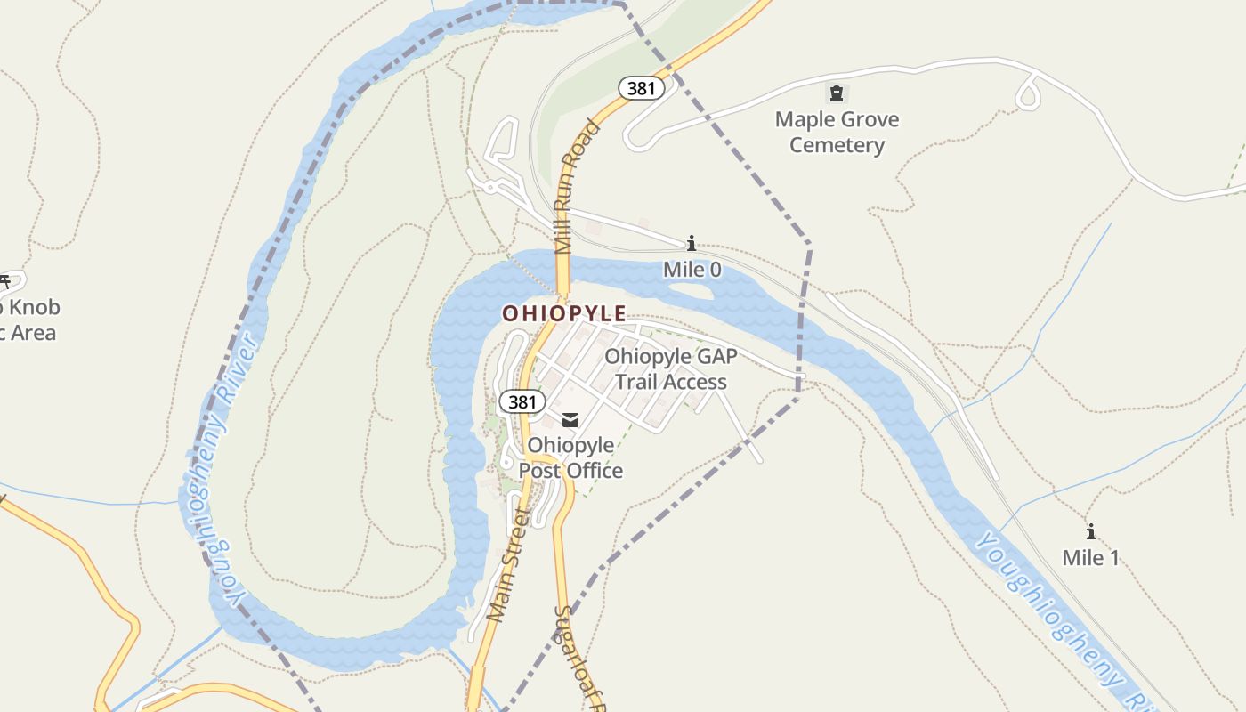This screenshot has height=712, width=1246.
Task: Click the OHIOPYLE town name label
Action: coord(564,313)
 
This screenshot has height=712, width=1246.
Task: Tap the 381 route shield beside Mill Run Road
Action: coord(641,88)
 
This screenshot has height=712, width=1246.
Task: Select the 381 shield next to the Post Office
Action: coord(522,401)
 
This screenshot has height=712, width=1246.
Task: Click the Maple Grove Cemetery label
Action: coord(837,132)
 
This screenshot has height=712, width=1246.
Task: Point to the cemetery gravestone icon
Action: coord(836,92)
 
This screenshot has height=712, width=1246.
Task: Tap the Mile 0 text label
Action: coord(692,269)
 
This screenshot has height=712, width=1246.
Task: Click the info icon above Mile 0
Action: coord(691,243)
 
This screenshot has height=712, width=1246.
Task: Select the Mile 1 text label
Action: coord(1090,558)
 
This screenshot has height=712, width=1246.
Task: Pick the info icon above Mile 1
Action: coord(1090,532)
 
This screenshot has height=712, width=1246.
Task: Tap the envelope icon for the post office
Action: coord(570,420)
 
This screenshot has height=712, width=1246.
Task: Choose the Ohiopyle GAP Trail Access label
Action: coord(671,369)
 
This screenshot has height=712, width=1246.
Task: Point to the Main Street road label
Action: coord(508,566)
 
